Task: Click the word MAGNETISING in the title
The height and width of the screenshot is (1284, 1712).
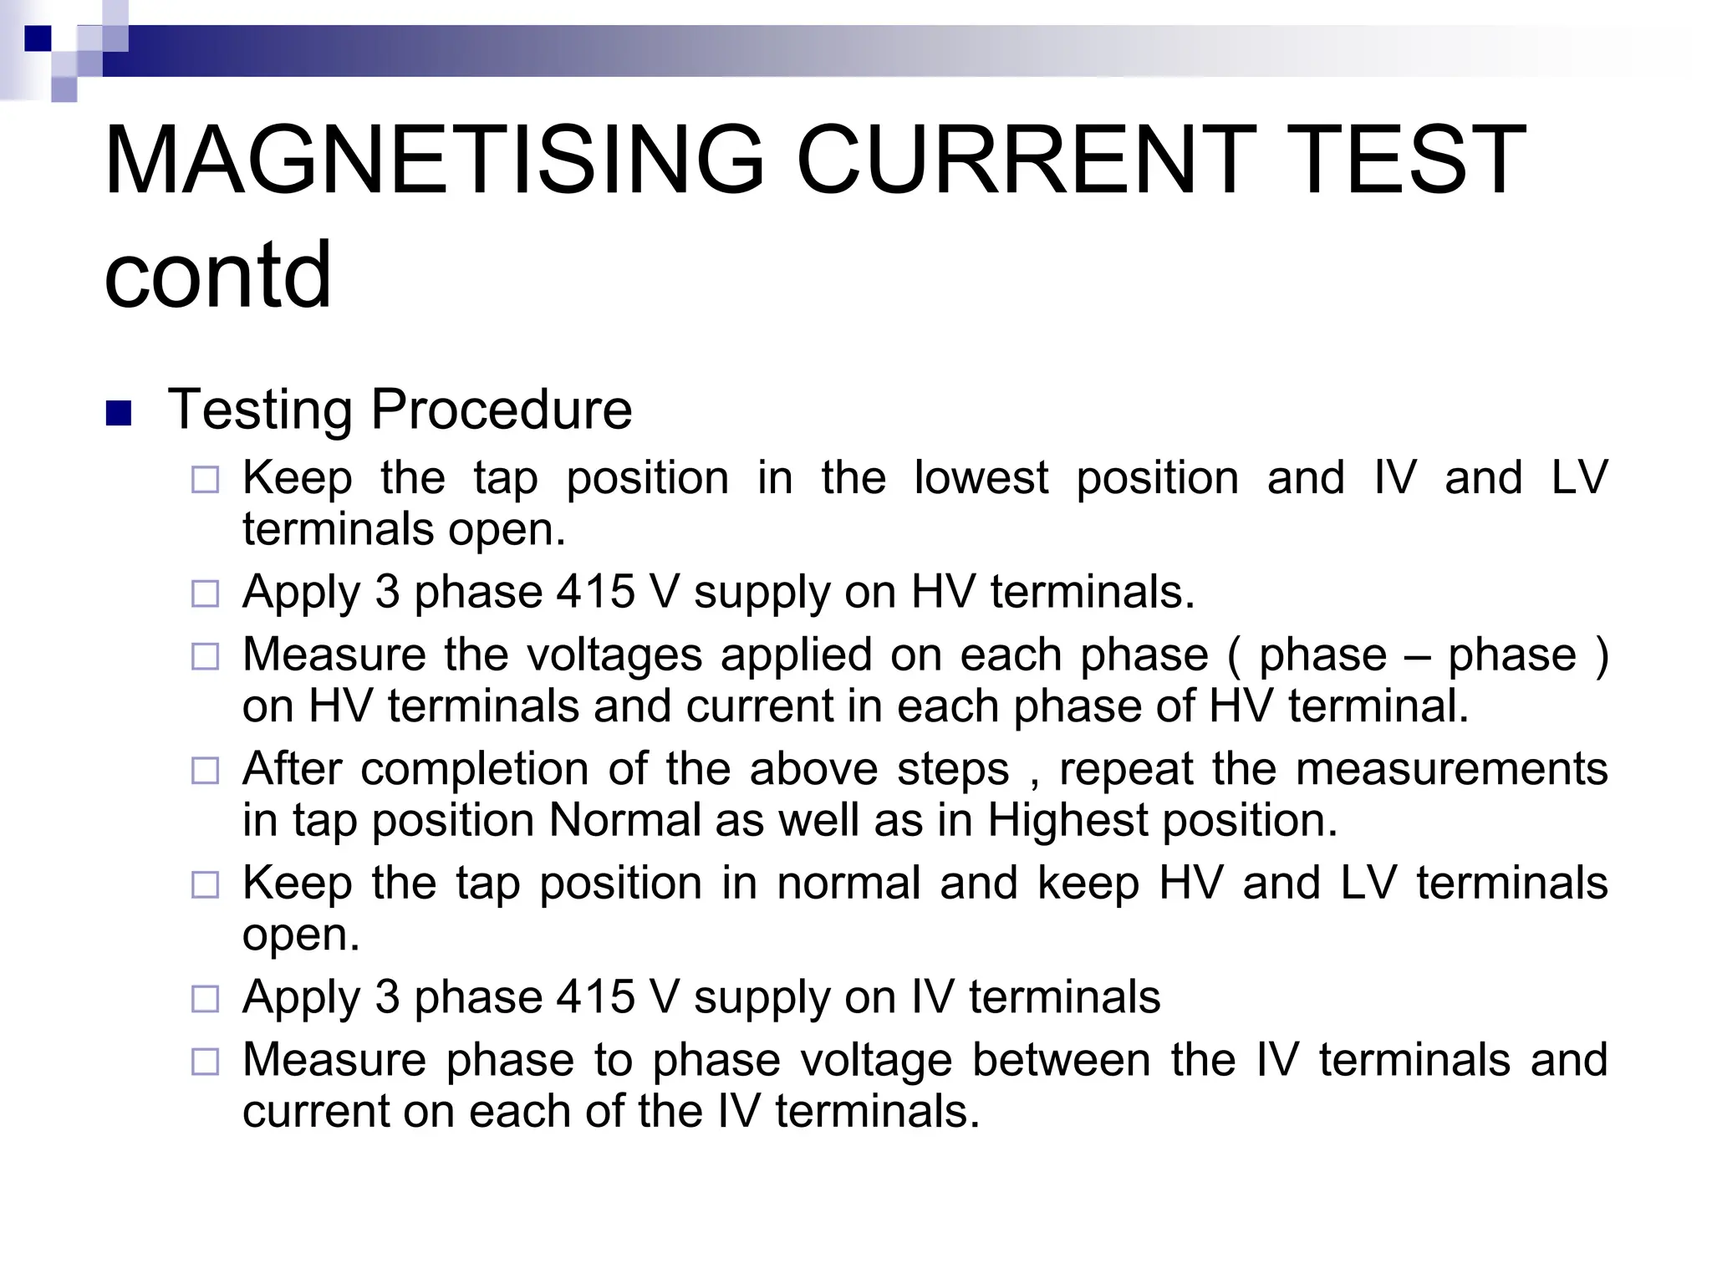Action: coord(434,160)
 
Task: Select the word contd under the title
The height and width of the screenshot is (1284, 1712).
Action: coord(217,274)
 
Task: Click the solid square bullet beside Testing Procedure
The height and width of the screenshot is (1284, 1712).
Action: coord(120,413)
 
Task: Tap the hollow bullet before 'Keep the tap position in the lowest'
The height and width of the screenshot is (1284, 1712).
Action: coord(205,480)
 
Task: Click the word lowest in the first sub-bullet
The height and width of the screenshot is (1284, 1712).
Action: coord(981,478)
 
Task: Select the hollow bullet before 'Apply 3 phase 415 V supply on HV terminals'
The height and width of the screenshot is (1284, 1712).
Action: coord(205,594)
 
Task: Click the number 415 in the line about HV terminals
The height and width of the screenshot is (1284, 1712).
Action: coord(595,592)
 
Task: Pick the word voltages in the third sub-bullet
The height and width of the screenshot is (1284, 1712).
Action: coord(614,654)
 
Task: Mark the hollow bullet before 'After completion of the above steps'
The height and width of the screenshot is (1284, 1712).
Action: coord(205,770)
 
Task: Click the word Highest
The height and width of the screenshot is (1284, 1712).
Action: coord(1067,820)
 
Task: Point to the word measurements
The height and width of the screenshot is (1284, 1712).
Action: coord(1451,768)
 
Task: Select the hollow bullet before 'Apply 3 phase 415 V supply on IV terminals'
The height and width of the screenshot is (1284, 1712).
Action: coord(205,998)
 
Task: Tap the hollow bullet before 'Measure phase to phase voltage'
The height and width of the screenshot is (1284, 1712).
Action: coord(205,1062)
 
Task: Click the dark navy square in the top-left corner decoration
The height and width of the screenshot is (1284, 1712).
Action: coord(38,38)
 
